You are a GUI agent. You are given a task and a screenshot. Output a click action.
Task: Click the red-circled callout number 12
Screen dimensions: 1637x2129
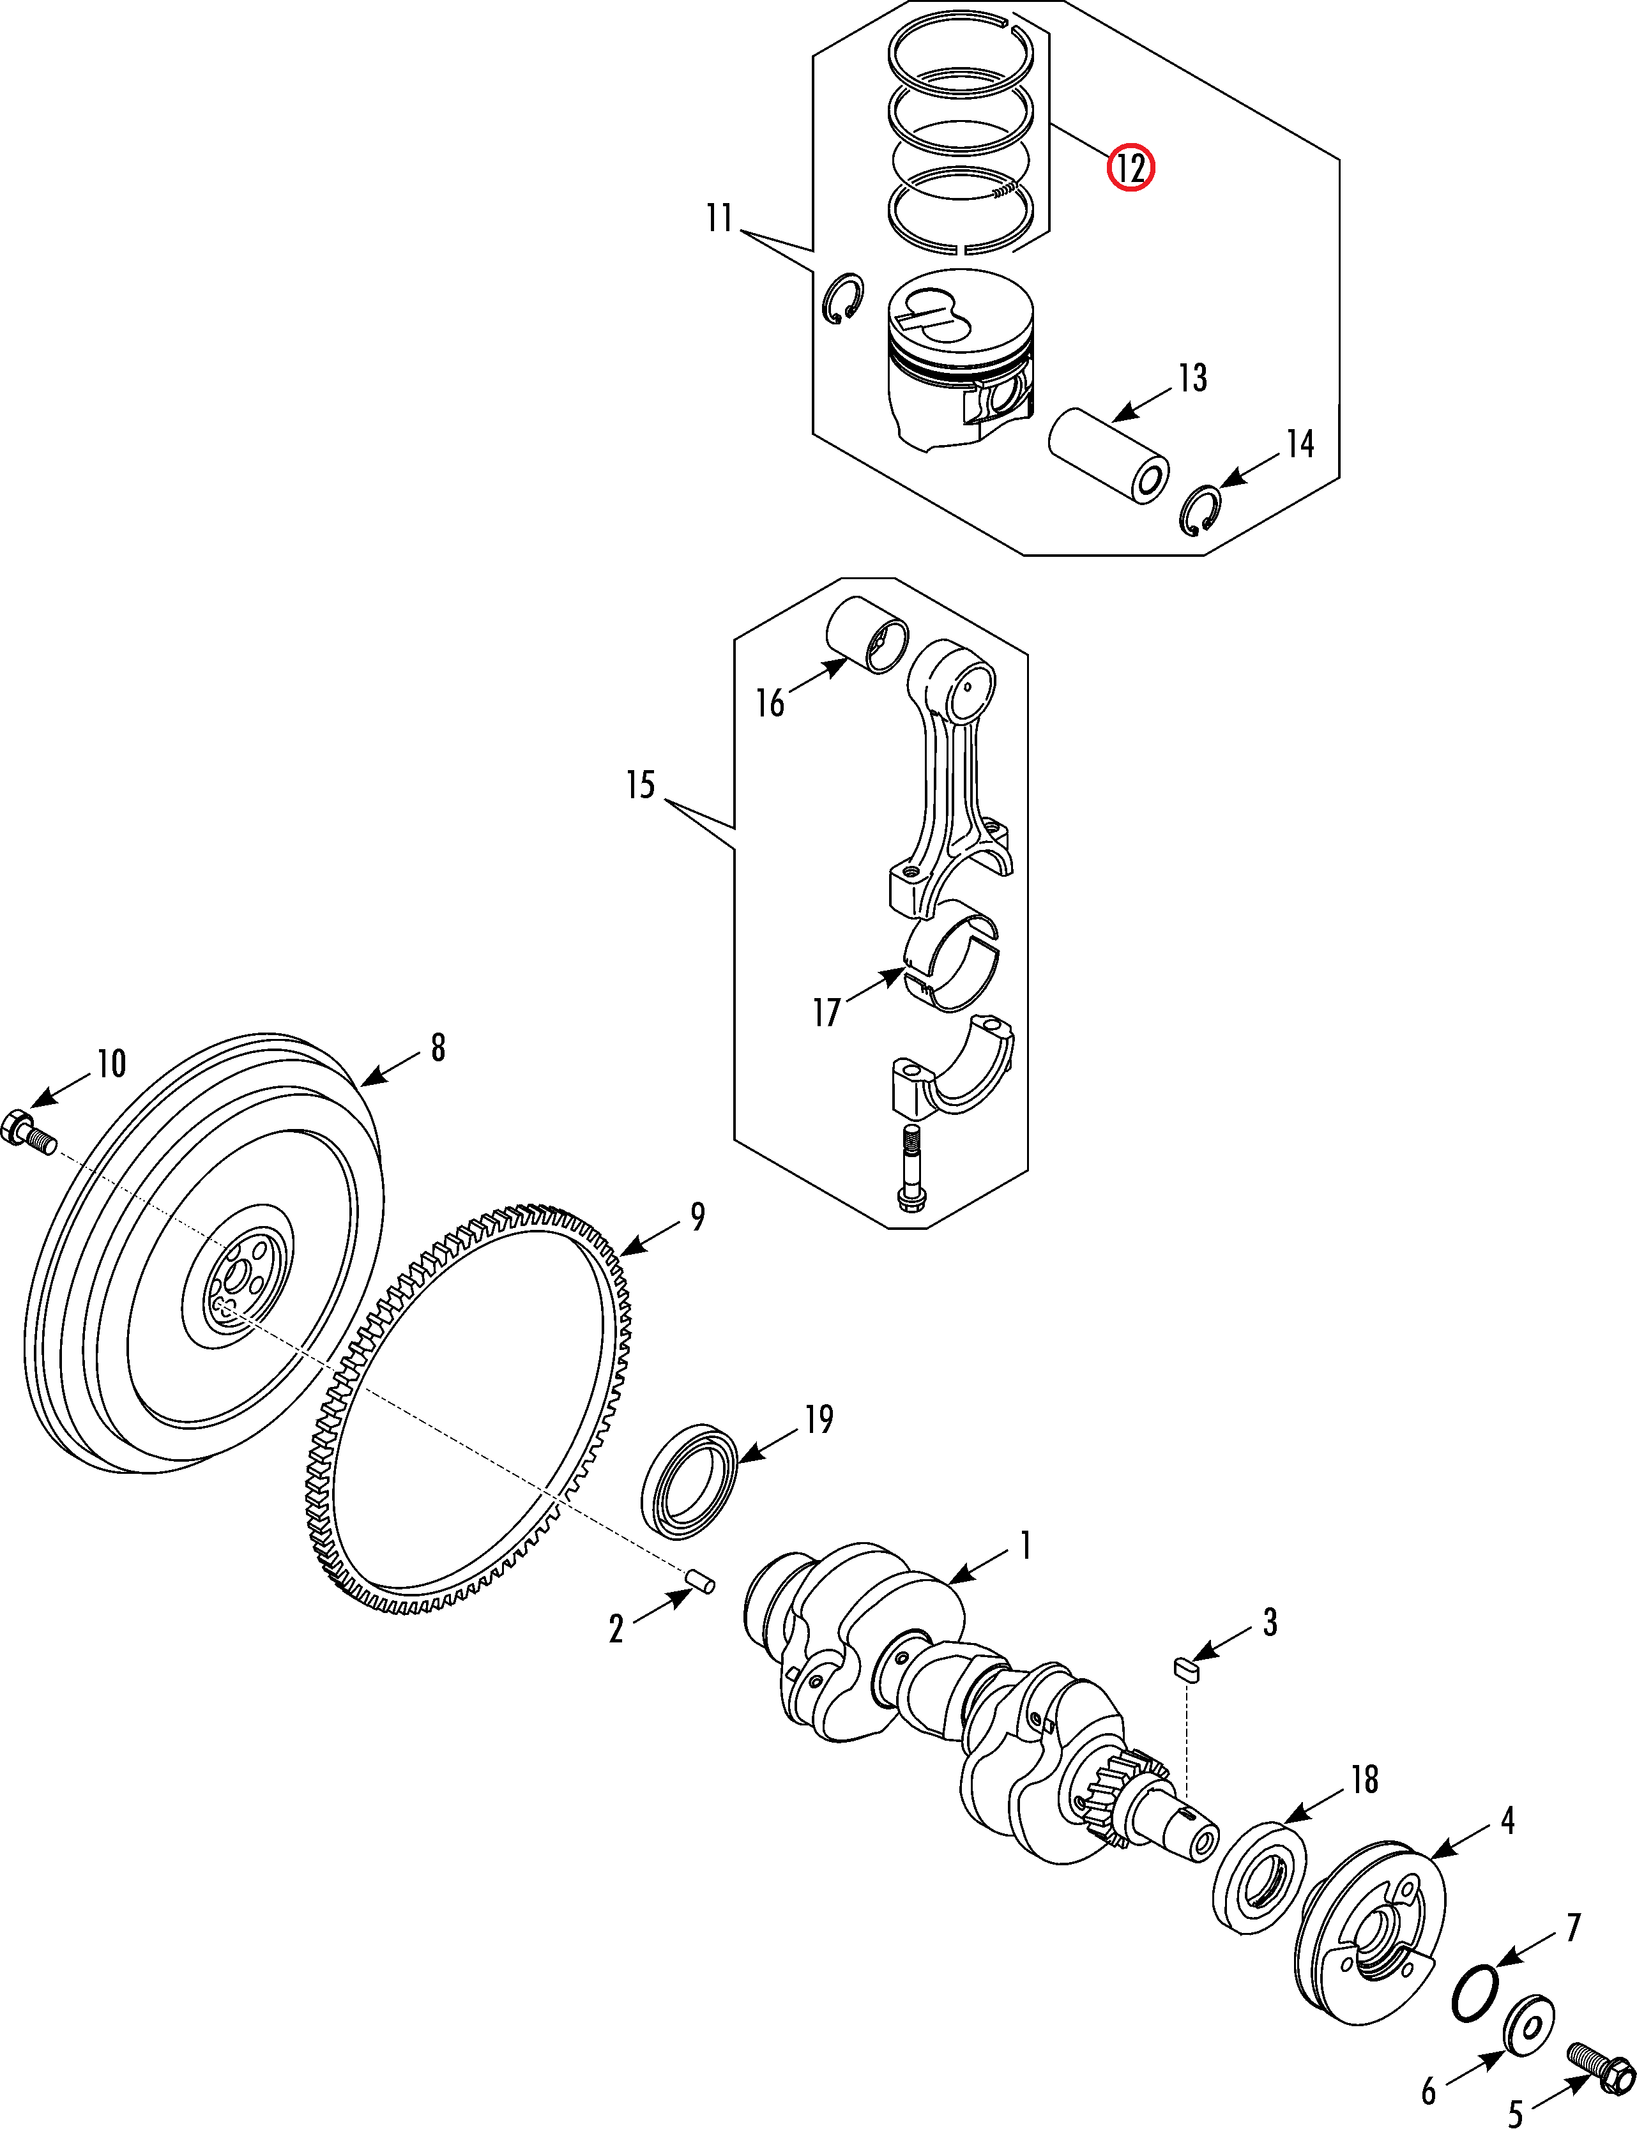[x=1131, y=169]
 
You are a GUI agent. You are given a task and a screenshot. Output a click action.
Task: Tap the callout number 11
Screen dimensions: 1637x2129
[x=719, y=218]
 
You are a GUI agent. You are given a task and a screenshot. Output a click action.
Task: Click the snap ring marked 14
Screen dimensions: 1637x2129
[x=1201, y=510]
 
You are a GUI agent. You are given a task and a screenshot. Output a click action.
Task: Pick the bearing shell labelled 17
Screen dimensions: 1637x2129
[x=951, y=957]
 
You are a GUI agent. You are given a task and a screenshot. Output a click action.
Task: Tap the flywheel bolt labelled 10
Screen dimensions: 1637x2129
[x=29, y=1135]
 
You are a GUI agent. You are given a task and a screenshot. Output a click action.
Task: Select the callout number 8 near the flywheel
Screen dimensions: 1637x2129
[x=439, y=1047]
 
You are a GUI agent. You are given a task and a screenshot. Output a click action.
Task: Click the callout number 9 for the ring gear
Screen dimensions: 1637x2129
[x=697, y=1215]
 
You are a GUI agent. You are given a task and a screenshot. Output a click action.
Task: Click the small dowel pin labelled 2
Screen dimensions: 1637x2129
[x=701, y=1580]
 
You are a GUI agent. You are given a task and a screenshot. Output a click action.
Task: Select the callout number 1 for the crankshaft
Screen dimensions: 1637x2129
[x=1025, y=1545]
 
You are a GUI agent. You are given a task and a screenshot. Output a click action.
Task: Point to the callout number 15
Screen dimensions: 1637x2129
[x=640, y=785]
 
